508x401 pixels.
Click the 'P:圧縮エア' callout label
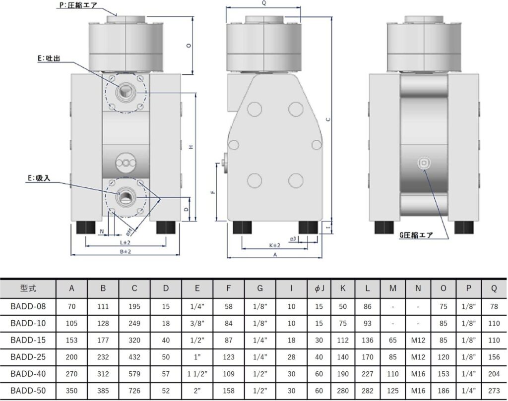coord(78,5)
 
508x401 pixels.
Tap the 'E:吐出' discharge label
coord(49,58)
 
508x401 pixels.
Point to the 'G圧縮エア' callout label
coord(416,235)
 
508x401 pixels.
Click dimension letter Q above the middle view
coord(264,3)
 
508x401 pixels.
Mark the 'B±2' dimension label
coord(126,251)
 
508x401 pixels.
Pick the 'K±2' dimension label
coord(274,245)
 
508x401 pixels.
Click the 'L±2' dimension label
coord(125,242)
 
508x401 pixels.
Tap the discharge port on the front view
coord(126,92)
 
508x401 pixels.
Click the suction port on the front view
coord(126,196)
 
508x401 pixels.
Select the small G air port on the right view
coord(424,163)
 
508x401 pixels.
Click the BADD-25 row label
coord(28,357)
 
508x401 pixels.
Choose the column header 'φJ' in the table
coord(319,288)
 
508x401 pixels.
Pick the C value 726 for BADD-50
coord(134,391)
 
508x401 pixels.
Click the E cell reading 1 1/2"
coord(197,374)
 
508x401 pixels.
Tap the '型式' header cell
coord(28,288)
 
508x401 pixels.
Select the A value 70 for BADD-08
coord(71,306)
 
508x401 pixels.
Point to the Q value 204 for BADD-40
coord(494,374)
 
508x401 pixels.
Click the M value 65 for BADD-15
coord(393,340)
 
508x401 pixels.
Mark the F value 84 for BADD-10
coord(228,323)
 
